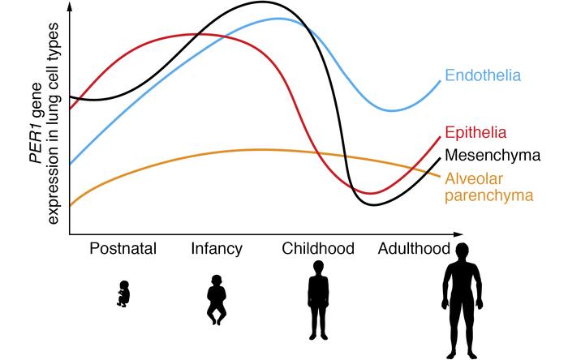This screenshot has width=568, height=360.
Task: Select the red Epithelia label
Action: click(476, 133)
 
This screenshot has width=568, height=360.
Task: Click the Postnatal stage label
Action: click(123, 248)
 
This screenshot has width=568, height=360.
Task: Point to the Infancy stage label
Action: click(217, 248)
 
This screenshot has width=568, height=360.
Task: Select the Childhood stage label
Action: click(317, 248)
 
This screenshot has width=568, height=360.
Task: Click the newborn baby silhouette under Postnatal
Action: click(123, 295)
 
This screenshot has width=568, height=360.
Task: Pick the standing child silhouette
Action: click(317, 305)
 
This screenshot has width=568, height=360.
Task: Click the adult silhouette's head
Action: click(462, 251)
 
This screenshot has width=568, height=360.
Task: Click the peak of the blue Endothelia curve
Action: click(278, 18)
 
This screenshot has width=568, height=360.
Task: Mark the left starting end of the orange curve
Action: click(71, 206)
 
